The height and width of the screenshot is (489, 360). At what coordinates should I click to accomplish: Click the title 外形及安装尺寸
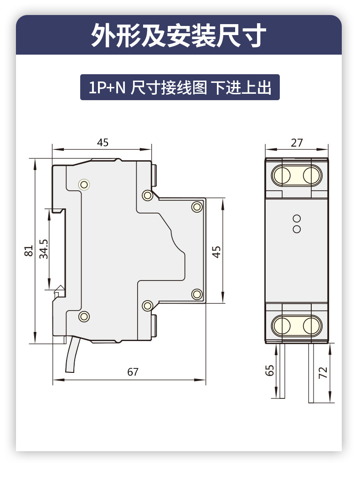[x=179, y=36]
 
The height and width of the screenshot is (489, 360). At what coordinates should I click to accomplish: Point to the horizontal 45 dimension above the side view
[x=103, y=143]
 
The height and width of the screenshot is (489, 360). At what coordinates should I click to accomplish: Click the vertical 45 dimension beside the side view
[x=216, y=252]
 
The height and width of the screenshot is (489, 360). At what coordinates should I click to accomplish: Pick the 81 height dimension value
[x=29, y=251]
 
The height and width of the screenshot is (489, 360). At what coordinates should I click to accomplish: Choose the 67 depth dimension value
[x=133, y=372]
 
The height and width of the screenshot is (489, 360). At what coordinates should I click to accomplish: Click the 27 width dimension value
[x=297, y=143]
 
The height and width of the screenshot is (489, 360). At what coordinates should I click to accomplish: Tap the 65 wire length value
[x=270, y=371]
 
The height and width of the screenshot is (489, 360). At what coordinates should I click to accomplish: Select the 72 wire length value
[x=323, y=373]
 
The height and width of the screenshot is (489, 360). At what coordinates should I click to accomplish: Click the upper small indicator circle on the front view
[x=297, y=219]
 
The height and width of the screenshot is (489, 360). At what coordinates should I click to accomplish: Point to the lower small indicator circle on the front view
[x=297, y=229]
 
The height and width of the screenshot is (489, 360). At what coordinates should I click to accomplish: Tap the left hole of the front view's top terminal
[x=283, y=175]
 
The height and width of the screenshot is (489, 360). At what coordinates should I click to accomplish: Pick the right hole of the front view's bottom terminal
[x=311, y=325]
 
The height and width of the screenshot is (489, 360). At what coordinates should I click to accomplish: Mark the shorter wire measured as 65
[x=282, y=371]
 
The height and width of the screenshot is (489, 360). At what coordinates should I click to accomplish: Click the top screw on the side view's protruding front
[x=197, y=207]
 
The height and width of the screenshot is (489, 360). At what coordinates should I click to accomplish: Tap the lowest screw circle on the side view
[x=84, y=316]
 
